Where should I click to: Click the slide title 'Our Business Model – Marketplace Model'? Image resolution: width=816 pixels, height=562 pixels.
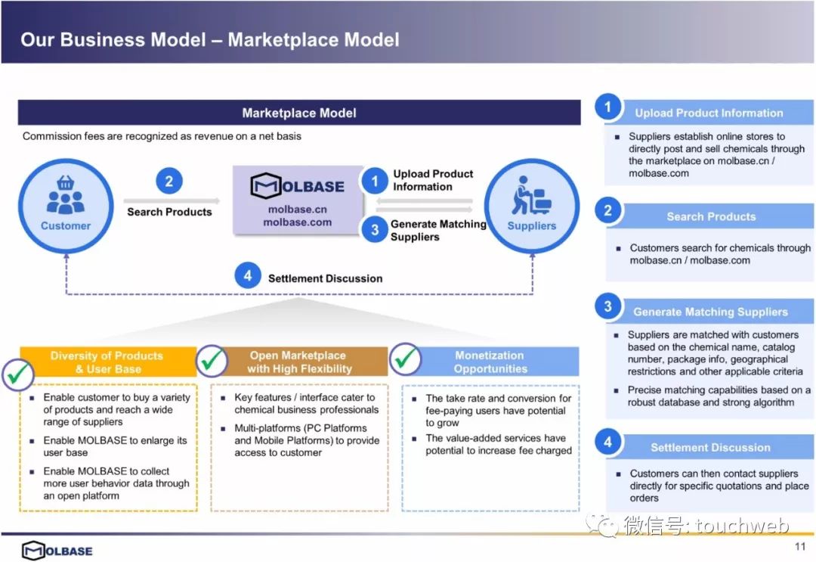click(x=210, y=39)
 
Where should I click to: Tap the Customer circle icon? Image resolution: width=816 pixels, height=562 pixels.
click(x=66, y=206)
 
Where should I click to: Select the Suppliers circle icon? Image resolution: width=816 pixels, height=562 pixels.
click(x=531, y=206)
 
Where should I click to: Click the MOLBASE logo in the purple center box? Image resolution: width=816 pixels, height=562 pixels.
click(x=297, y=186)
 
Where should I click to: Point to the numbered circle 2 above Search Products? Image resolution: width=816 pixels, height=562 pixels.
click(x=169, y=181)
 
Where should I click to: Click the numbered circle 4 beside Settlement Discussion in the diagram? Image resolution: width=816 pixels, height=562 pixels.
click(x=248, y=275)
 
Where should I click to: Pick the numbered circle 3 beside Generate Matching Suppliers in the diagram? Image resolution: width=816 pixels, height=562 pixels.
click(x=375, y=230)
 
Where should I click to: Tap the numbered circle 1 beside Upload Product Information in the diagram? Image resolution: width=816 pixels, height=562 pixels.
click(x=375, y=181)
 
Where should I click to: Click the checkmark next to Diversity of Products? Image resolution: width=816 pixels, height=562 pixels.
click(x=18, y=374)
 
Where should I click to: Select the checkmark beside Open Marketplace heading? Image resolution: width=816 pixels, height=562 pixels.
click(x=212, y=360)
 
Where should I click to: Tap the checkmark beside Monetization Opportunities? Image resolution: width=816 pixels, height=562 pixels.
click(x=405, y=359)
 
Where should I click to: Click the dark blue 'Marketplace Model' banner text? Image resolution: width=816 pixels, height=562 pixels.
click(x=299, y=113)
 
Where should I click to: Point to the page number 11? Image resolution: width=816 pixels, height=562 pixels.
click(x=800, y=546)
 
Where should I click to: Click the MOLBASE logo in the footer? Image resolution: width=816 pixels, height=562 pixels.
click(x=57, y=551)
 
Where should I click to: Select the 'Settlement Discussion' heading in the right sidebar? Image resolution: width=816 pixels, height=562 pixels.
click(x=710, y=448)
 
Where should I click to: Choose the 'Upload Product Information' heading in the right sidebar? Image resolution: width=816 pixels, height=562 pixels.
click(x=709, y=113)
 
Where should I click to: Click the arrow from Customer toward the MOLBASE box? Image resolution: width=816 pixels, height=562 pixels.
click(x=172, y=200)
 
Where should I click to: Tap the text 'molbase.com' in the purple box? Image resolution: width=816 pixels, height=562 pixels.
click(x=297, y=222)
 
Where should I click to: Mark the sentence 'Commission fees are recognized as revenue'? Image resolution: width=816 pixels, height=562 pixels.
click(x=162, y=136)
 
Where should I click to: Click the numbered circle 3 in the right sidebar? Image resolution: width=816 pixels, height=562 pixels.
click(x=607, y=307)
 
